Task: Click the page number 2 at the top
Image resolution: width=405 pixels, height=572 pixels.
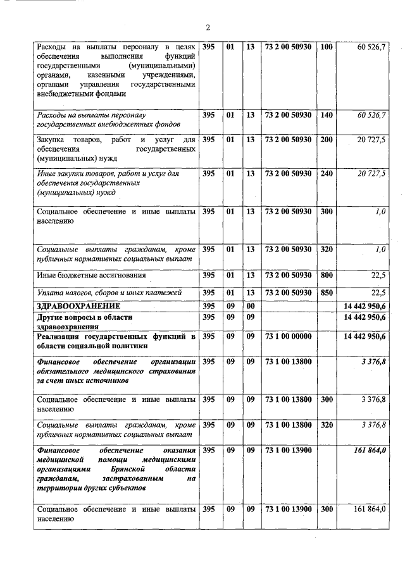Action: click(x=207, y=26)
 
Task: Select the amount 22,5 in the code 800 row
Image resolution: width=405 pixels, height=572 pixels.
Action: click(x=378, y=275)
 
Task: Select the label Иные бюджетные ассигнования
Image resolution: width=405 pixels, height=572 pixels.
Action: click(x=92, y=276)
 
